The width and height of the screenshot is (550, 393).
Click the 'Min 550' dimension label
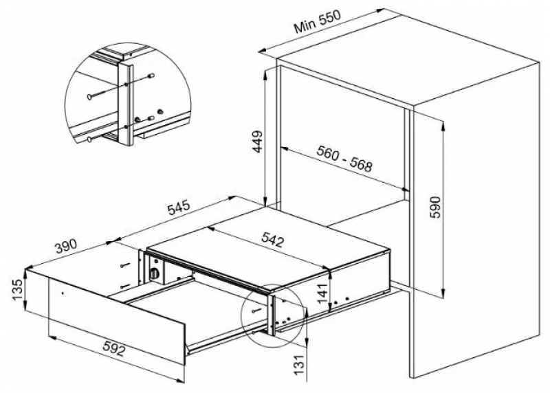click(x=318, y=21)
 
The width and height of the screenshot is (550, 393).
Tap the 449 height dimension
click(x=258, y=142)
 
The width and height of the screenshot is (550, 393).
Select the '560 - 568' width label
click(x=344, y=159)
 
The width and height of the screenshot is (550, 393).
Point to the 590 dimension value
click(x=434, y=207)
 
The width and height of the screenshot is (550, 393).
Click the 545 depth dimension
click(x=179, y=207)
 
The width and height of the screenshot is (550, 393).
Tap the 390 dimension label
click(x=65, y=246)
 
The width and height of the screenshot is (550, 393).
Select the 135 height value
click(x=18, y=289)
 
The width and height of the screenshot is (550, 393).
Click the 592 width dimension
click(x=113, y=348)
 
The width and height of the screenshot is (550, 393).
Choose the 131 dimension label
click(x=298, y=364)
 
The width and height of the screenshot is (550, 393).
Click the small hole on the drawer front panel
click(x=62, y=293)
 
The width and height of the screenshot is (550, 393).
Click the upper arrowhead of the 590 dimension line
click(x=443, y=124)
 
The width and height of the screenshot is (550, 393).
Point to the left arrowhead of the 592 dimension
click(x=52, y=338)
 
